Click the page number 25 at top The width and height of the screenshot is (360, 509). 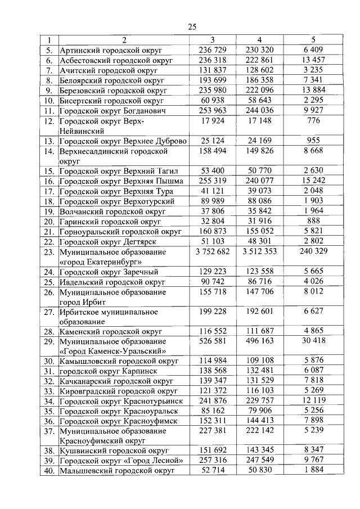click(192, 27)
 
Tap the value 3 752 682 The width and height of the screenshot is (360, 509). click(212, 252)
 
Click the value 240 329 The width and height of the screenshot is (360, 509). click(313, 252)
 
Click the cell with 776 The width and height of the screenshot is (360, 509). click(313, 121)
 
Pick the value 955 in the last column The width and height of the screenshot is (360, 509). click(313, 141)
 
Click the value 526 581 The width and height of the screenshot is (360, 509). click(212, 341)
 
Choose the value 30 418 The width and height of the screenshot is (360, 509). click(313, 341)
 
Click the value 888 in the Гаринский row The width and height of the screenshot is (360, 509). click(313, 222)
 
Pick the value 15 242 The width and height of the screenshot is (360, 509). click(313, 181)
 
